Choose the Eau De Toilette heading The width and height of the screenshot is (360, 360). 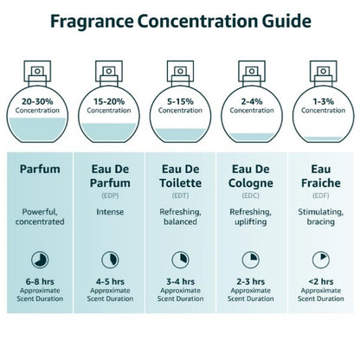pos(180,178)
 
